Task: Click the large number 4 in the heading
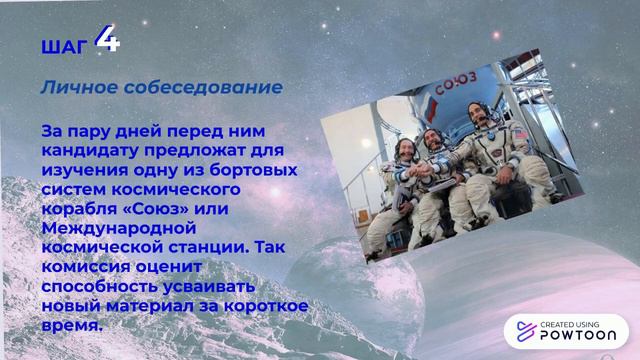click(107, 41)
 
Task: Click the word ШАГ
click(63, 46)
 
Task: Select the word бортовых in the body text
click(263, 169)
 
